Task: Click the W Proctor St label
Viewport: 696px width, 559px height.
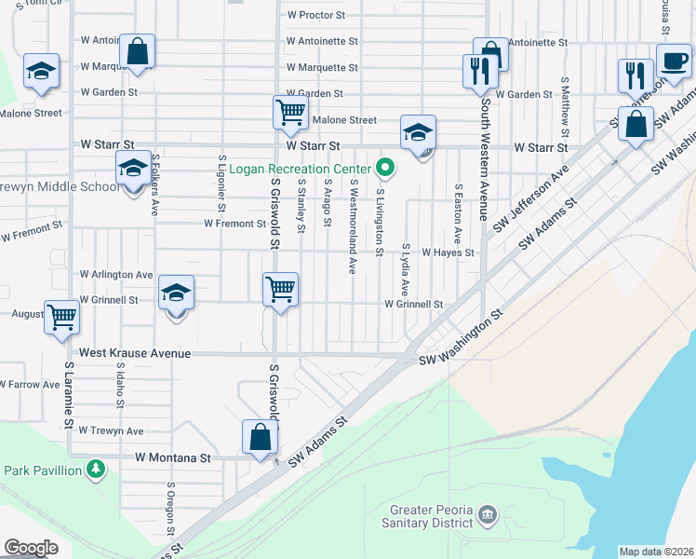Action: pyautogui.click(x=316, y=16)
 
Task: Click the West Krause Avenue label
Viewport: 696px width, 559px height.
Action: pyautogui.click(x=135, y=354)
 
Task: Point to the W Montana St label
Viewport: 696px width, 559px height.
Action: pyautogui.click(x=173, y=458)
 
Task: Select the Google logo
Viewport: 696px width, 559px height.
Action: pyautogui.click(x=32, y=548)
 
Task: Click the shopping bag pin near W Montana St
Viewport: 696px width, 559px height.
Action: pyautogui.click(x=261, y=438)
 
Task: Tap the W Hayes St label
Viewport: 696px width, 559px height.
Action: pyautogui.click(x=448, y=252)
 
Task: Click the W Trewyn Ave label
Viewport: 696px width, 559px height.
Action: pyautogui.click(x=111, y=431)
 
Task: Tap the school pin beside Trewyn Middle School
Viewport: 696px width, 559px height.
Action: pyautogui.click(x=133, y=170)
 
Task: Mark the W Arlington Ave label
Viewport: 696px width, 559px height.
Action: pyautogui.click(x=116, y=275)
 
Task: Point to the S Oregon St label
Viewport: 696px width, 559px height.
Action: pyautogui.click(x=170, y=510)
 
